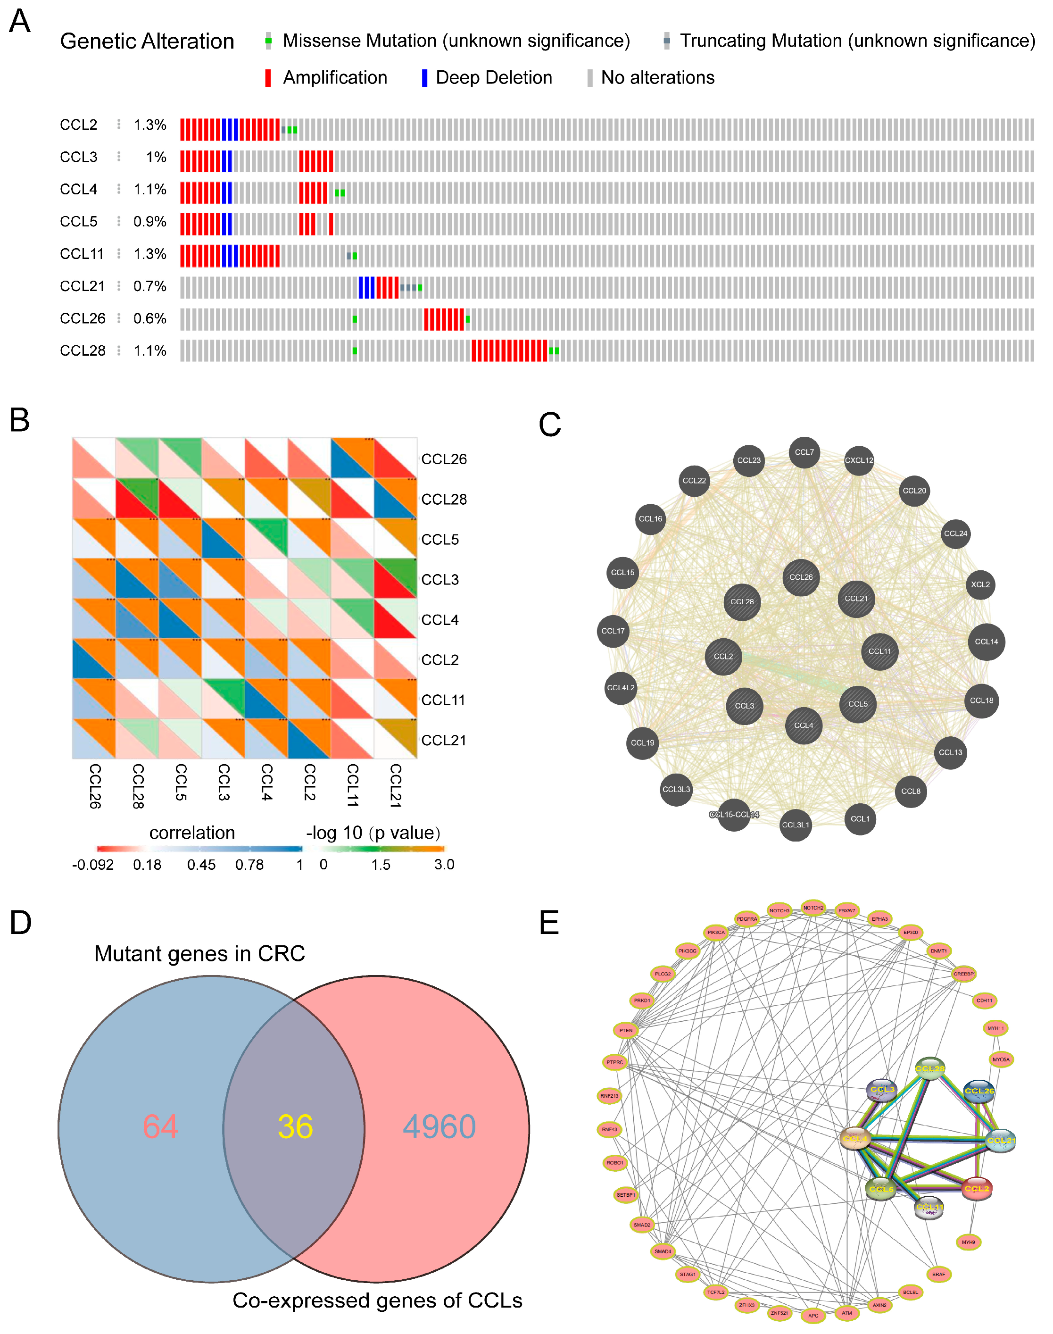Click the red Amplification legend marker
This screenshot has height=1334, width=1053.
click(267, 78)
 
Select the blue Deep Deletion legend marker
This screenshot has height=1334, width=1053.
click(424, 78)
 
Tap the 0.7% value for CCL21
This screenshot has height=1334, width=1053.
click(150, 286)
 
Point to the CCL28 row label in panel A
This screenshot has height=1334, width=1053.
click(83, 351)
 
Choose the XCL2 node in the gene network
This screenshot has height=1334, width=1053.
click(979, 584)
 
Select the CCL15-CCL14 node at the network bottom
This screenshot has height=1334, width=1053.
click(734, 815)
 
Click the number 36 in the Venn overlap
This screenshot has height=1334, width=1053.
click(295, 1127)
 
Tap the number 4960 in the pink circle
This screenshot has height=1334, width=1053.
click(439, 1127)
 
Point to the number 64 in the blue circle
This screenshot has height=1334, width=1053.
click(160, 1127)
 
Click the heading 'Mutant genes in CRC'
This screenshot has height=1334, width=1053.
click(199, 953)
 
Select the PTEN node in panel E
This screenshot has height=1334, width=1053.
click(626, 1030)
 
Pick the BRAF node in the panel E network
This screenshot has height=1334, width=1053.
click(938, 1274)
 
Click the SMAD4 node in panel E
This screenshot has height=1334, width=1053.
click(663, 1251)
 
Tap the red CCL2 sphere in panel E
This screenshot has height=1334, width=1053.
click(977, 1189)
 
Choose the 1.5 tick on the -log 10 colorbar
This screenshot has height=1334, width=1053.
click(381, 865)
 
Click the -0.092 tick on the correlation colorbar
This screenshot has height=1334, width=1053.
click(92, 865)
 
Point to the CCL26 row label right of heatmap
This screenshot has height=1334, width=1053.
click(444, 459)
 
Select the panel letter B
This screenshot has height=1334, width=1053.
click(20, 421)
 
